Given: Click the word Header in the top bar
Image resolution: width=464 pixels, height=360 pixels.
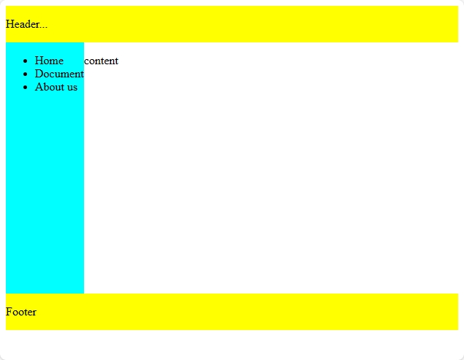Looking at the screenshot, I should click(x=22, y=24).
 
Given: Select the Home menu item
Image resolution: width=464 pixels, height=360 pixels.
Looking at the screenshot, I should click(x=49, y=61).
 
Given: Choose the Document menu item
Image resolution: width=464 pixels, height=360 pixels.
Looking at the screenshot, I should click(x=59, y=74).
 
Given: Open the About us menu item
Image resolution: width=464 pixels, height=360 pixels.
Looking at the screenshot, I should click(x=56, y=88).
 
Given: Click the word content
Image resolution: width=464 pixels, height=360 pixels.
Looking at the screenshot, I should click(x=101, y=61).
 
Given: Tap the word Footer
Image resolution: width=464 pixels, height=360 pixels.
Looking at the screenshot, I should click(x=21, y=312).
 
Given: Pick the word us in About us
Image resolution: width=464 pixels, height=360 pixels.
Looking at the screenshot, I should click(x=72, y=88).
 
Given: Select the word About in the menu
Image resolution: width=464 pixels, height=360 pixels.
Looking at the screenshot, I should click(x=49, y=88).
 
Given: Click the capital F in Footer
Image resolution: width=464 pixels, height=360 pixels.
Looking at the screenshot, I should click(x=9, y=312).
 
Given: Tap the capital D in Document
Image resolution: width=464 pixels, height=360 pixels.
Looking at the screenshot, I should click(x=39, y=74).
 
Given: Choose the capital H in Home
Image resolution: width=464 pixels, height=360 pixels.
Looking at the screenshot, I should click(x=39, y=61).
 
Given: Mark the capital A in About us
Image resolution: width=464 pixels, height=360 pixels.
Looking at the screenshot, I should click(x=39, y=88).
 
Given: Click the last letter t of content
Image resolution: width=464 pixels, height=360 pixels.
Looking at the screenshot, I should click(x=116, y=61).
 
